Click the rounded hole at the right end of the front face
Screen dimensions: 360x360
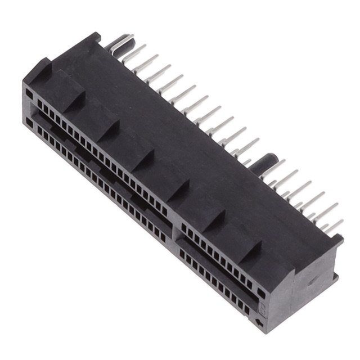(261, 294)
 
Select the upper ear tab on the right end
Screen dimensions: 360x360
(335, 240)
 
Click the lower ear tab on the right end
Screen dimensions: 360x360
(334, 276)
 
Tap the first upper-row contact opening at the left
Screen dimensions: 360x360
(39, 103)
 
